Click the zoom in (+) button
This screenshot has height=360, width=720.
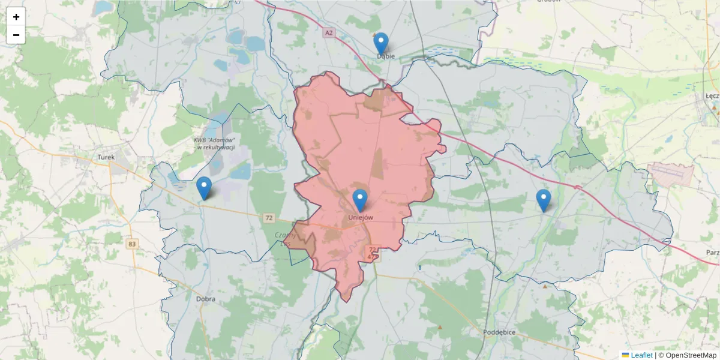tap(16, 17)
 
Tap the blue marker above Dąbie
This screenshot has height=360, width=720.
tap(381, 44)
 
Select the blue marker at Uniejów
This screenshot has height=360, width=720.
tap(360, 200)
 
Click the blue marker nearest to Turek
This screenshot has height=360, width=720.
tap(204, 188)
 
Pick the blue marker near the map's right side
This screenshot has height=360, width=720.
tap(543, 200)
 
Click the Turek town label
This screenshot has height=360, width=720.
tap(106, 158)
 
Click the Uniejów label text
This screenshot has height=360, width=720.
tap(361, 218)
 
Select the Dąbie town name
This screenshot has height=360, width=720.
tap(386, 56)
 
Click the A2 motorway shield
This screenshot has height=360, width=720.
tap(327, 34)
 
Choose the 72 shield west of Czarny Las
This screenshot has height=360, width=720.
tap(268, 217)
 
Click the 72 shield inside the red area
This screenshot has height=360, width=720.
tap(373, 250)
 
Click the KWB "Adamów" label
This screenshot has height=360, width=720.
tap(214, 143)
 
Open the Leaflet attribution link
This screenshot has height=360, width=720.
tap(641, 355)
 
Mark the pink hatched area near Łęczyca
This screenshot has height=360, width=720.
tap(671, 174)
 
